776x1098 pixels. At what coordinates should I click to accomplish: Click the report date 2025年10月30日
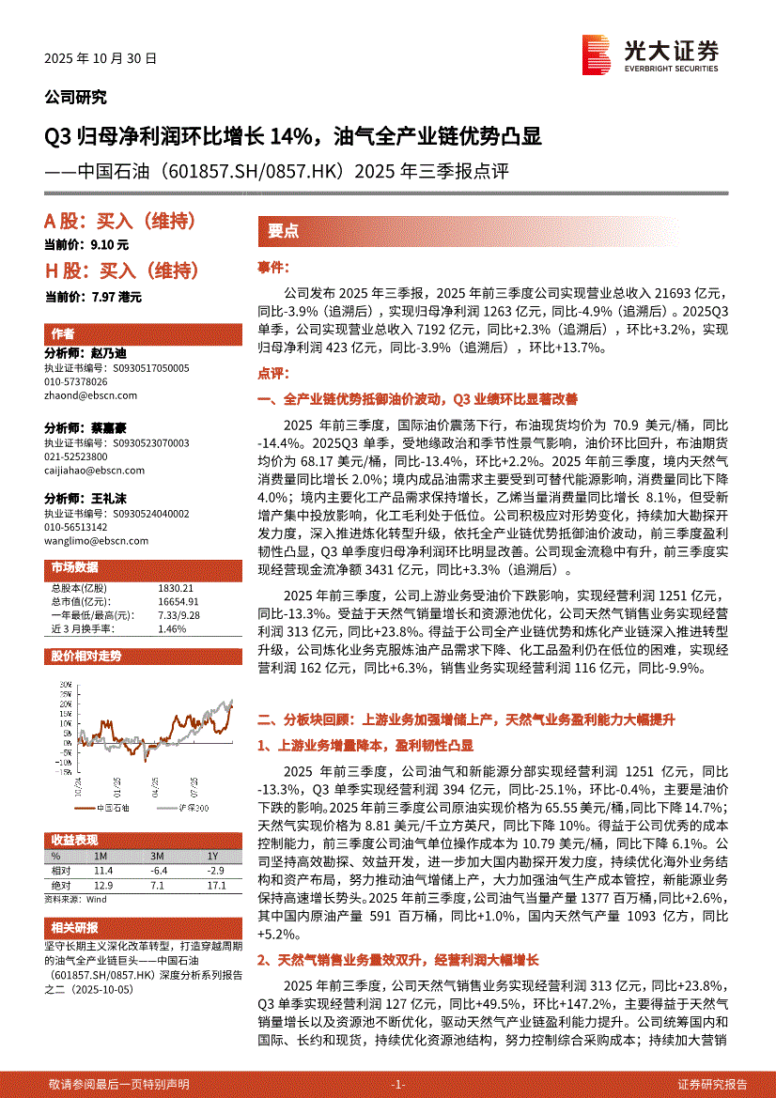click(x=101, y=57)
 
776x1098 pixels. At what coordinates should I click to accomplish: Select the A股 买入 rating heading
click(x=120, y=222)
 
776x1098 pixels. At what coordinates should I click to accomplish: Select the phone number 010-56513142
click(x=76, y=528)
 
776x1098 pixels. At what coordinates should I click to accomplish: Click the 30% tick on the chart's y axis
click(x=63, y=684)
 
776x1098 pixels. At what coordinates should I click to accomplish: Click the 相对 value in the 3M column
click(x=157, y=871)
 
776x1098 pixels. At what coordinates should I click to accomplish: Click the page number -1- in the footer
click(x=397, y=1084)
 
